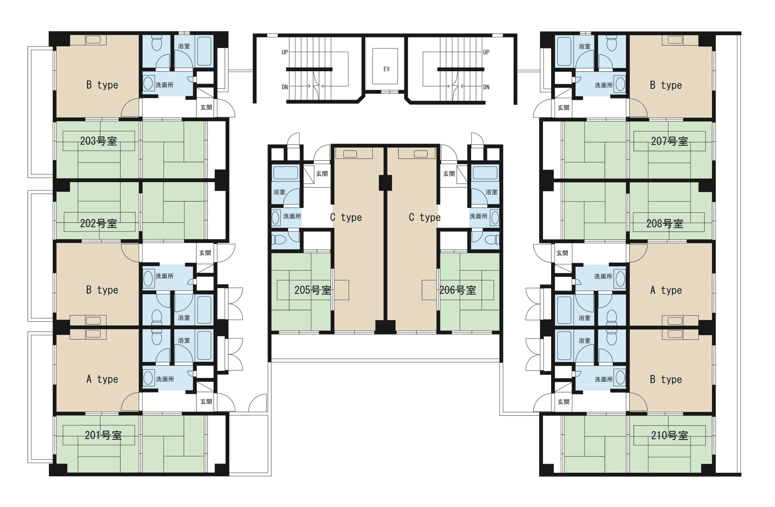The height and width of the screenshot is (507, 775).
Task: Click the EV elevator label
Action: (x=387, y=69)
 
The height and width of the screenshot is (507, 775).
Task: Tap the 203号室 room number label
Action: (x=99, y=141)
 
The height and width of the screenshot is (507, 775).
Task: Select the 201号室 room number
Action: (x=103, y=435)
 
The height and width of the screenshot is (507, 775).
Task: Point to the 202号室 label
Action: (x=99, y=223)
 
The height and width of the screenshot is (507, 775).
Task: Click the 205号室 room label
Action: (x=313, y=290)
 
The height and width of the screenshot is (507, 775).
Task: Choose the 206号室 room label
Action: (x=457, y=290)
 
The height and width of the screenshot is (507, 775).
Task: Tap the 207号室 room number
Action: (x=669, y=141)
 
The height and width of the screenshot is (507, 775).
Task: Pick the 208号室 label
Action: (x=665, y=224)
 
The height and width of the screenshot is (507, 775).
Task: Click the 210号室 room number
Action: (x=669, y=435)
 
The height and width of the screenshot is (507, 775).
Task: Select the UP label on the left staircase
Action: (x=285, y=52)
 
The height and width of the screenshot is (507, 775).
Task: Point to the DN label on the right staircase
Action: (x=486, y=87)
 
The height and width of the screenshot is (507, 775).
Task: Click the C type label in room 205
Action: (x=346, y=217)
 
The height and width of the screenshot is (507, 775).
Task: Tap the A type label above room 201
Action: (x=102, y=379)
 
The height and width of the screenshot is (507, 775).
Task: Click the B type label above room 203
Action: (x=102, y=85)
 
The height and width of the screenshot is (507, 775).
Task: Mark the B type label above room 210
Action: (x=666, y=379)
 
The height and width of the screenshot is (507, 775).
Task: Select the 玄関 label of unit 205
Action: (x=322, y=174)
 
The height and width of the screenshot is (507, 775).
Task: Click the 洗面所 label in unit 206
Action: (x=478, y=216)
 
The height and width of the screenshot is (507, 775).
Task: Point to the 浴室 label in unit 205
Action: (x=279, y=192)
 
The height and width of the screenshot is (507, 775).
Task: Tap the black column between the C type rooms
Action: (x=385, y=183)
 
